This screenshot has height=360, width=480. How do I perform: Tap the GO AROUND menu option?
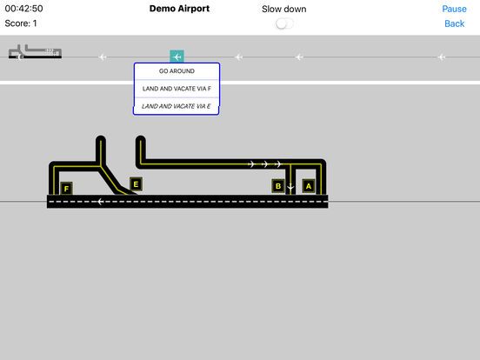[177, 71]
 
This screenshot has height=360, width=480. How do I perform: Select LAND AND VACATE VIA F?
[177, 89]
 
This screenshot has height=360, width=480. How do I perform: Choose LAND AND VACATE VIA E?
[176, 106]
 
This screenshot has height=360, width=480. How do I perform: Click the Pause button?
[454, 9]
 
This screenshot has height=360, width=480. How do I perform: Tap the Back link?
[454, 23]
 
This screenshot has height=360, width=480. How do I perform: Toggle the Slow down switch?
[284, 23]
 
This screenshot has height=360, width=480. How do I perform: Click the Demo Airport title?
[179, 9]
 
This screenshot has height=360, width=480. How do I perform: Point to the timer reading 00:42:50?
[23, 9]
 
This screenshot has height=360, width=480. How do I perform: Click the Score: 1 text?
[21, 23]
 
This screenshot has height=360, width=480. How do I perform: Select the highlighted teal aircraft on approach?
[177, 57]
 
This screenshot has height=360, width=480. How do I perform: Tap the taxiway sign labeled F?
[66, 189]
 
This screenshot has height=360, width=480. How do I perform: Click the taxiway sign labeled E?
[136, 184]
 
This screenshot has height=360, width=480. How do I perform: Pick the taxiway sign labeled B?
[278, 186]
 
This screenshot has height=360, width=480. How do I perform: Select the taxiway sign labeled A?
[309, 186]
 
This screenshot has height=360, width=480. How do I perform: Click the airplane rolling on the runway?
[100, 202]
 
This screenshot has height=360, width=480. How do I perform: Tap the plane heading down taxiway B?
[290, 187]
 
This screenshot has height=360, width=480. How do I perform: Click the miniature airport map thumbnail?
[35, 51]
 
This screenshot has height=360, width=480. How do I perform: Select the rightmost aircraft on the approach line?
[441, 57]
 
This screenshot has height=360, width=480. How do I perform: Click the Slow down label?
[284, 10]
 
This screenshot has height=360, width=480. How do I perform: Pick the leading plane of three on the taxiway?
[278, 164]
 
